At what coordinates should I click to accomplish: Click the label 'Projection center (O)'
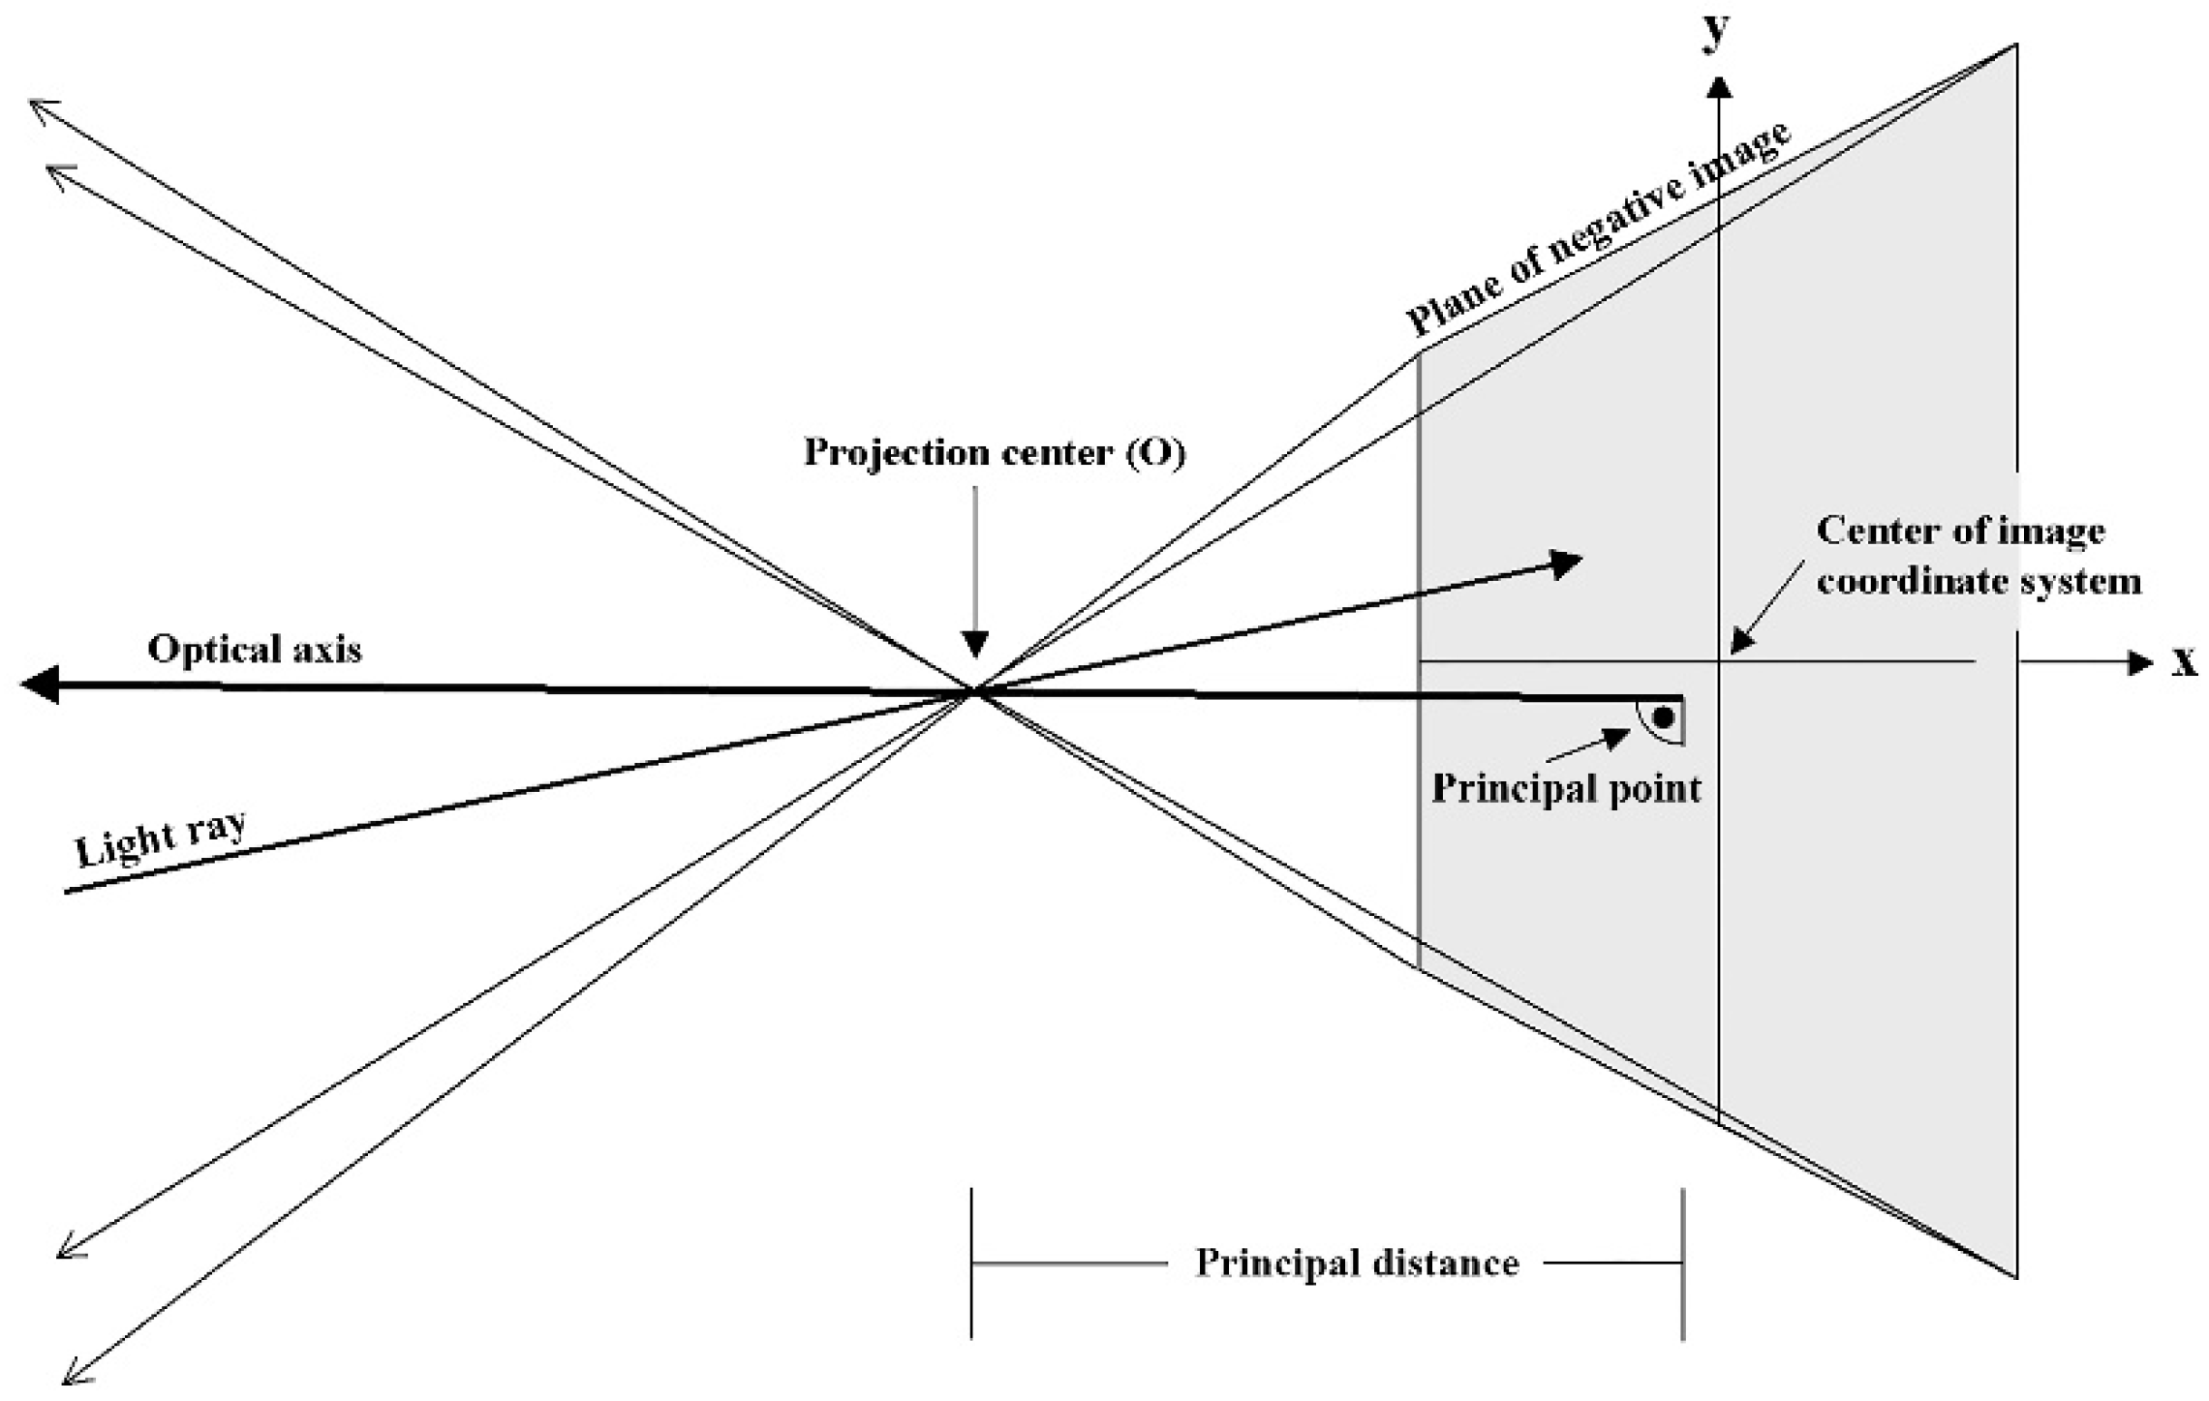[x=995, y=453]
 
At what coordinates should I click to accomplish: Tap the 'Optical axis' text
[x=255, y=649]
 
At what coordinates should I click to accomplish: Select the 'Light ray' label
[x=161, y=838]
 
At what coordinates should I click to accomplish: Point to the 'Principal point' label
[x=1566, y=789]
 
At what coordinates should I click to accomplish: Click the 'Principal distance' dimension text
[x=1357, y=1264]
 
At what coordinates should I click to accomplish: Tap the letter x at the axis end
[x=2184, y=661]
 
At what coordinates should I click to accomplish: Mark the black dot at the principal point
[x=1664, y=718]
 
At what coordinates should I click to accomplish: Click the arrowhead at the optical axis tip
[x=39, y=685]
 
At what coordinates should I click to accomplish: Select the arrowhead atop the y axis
[x=1719, y=89]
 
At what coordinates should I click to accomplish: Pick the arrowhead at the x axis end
[x=2138, y=662]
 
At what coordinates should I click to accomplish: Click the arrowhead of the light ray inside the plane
[x=1565, y=563]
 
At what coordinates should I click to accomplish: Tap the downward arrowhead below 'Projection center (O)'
[x=976, y=644]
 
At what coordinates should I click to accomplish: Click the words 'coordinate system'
[x=1978, y=582]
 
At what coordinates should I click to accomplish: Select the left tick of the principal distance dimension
[x=971, y=1264]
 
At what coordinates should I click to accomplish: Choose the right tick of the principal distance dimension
[x=1682, y=1264]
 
